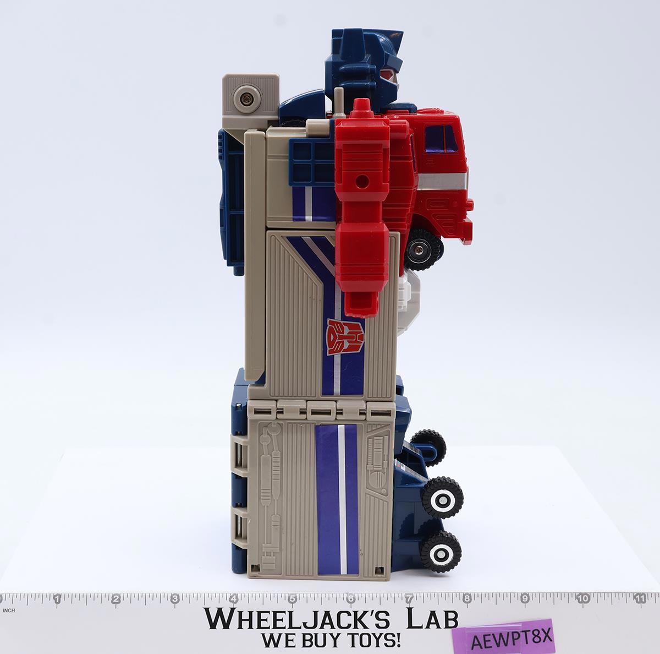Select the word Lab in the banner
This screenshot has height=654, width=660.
coord(432,619)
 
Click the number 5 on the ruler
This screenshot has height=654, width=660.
coord(292,599)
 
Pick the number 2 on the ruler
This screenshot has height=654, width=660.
coord(116,599)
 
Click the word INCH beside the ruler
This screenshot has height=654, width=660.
coord(9,611)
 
